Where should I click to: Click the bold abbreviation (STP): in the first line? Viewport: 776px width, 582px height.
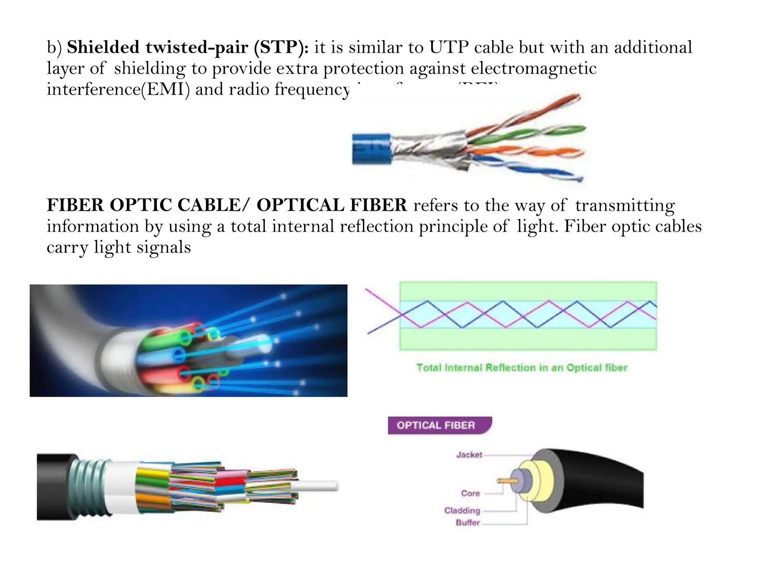pyautogui.click(x=281, y=47)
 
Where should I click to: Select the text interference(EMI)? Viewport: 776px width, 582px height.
pyautogui.click(x=118, y=89)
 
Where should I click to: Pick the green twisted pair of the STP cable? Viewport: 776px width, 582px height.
pyautogui.click(x=530, y=133)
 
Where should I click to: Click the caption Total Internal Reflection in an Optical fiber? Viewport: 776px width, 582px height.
pyautogui.click(x=522, y=368)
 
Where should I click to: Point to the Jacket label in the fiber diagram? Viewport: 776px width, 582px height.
pyautogui.click(x=469, y=455)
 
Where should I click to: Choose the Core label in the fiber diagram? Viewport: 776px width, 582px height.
pyautogui.click(x=470, y=493)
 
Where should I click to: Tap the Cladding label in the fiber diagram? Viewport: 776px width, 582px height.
pyautogui.click(x=462, y=510)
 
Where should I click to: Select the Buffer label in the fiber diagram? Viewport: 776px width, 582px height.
pyautogui.click(x=468, y=523)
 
